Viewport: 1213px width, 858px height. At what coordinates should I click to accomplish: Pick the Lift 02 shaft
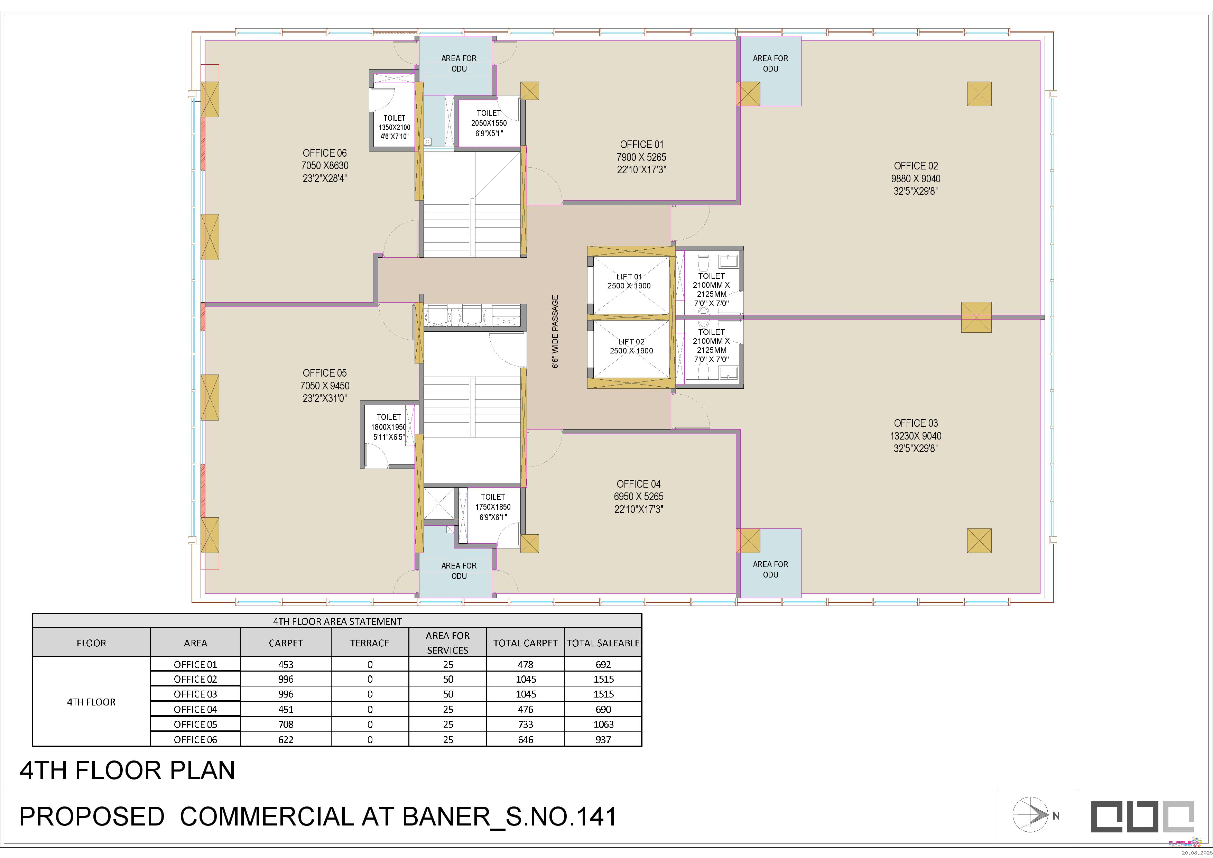click(631, 349)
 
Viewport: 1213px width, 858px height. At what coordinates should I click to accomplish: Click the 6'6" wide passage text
click(555, 332)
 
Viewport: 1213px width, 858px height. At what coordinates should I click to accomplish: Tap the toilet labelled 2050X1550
click(489, 122)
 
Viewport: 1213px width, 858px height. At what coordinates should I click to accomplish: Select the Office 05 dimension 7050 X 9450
click(325, 386)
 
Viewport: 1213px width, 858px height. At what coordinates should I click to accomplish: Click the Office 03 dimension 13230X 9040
click(916, 436)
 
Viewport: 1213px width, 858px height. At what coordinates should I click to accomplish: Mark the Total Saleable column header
click(603, 643)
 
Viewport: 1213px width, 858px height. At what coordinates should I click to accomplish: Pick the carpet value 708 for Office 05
click(286, 724)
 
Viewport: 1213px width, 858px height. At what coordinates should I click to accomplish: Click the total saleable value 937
click(603, 740)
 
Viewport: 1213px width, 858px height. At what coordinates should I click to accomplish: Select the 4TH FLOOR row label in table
click(91, 702)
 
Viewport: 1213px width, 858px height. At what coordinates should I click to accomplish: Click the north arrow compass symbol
click(1030, 815)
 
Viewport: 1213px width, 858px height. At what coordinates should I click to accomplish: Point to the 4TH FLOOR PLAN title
click(127, 770)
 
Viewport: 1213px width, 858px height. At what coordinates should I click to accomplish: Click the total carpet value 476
click(526, 710)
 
